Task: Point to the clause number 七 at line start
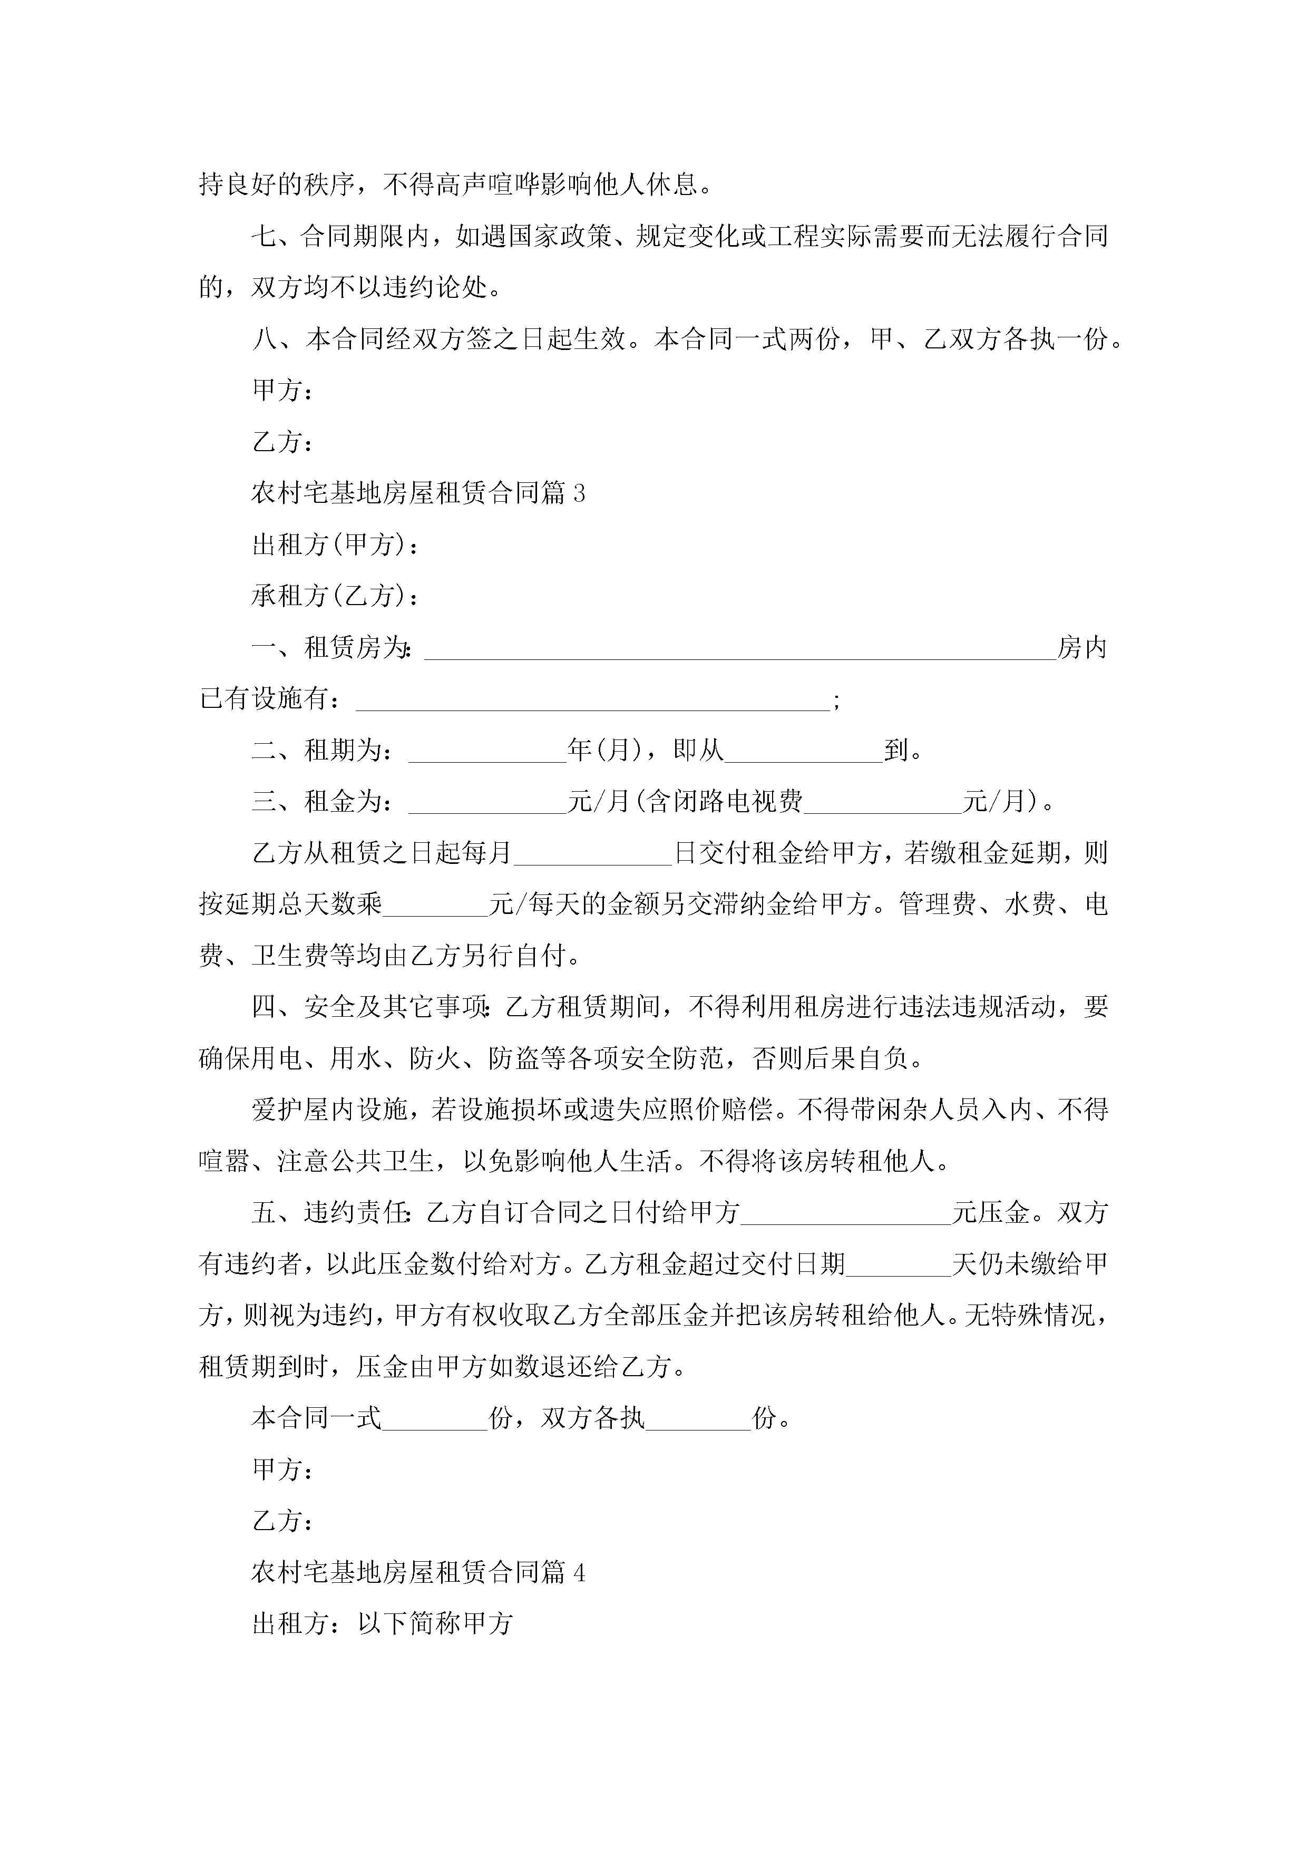(x=264, y=237)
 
